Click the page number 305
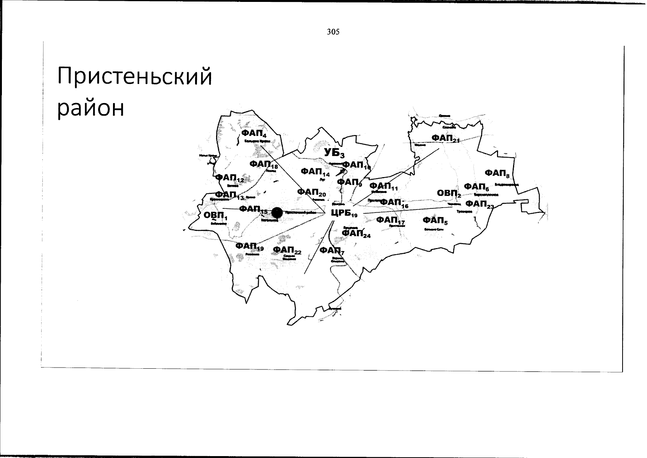pos(333,32)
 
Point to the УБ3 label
pos(334,153)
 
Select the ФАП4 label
pos(254,133)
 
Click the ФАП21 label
pos(445,138)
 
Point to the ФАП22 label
pos(287,250)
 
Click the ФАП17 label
pos(390,220)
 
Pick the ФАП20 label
pos(311,192)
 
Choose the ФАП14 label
pos(315,172)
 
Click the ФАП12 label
pos(229,178)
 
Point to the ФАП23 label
pos(480,204)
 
